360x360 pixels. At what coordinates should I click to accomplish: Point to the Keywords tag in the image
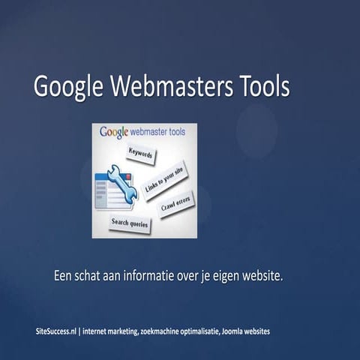[141, 154]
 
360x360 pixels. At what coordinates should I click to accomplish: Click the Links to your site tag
[164, 179]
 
